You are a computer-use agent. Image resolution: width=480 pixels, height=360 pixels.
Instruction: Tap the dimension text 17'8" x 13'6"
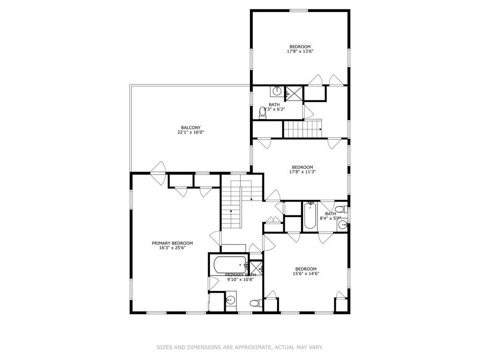300,51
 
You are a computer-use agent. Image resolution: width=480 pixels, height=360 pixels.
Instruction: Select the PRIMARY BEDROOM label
172,243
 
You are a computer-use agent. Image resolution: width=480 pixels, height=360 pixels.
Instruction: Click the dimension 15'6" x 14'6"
306,274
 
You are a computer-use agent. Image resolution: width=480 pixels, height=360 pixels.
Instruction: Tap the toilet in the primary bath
255,303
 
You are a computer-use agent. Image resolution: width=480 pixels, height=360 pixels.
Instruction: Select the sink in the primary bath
231,300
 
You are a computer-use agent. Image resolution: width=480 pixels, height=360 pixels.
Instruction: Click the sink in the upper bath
277,91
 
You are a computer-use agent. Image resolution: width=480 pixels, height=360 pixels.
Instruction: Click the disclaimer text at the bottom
240,347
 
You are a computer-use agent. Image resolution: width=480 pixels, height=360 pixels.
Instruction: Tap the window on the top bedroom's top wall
299,10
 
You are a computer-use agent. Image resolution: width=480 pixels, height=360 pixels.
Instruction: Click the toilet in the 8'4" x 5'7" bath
339,209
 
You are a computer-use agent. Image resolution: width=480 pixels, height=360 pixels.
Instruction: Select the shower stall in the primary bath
256,268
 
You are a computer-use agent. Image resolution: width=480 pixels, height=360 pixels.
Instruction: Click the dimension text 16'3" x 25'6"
172,248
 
